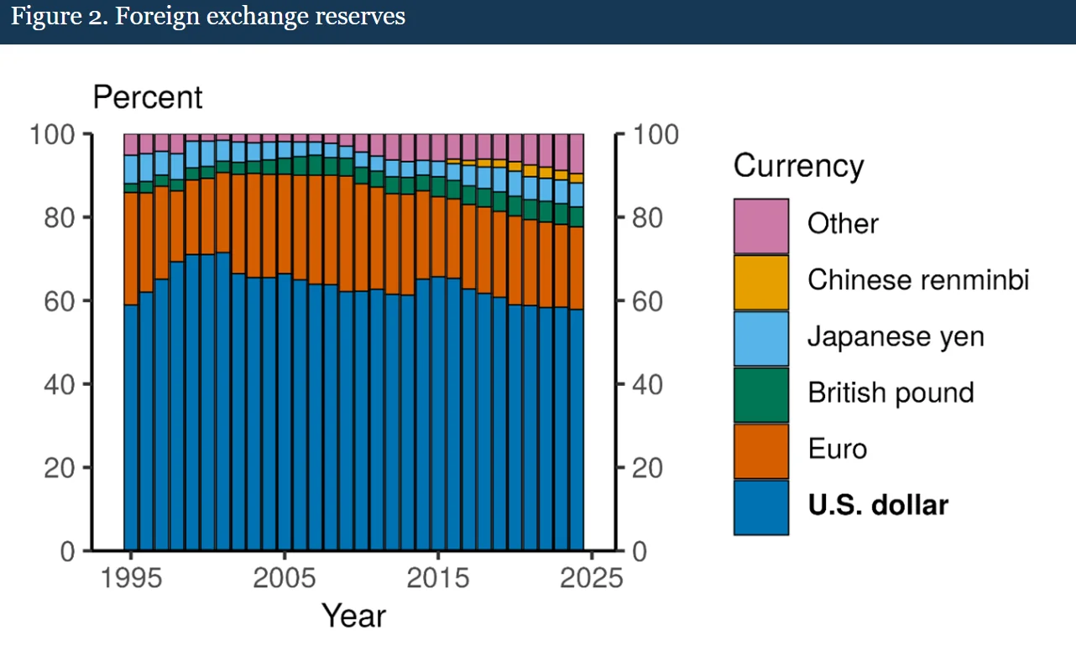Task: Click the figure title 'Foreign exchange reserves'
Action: tap(207, 16)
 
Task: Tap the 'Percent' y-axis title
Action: tap(148, 97)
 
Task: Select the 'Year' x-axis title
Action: tap(353, 616)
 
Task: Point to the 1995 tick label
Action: tap(131, 579)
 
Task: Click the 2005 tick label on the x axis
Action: tap(285, 579)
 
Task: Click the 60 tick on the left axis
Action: tap(59, 300)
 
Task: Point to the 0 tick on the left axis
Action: tap(67, 551)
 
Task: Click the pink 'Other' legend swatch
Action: tap(760, 226)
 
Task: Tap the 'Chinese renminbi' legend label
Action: tap(918, 279)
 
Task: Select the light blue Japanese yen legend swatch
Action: tap(760, 338)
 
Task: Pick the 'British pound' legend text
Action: tap(891, 393)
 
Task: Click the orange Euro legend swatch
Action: tap(760, 450)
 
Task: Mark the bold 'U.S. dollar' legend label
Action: tap(878, 505)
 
